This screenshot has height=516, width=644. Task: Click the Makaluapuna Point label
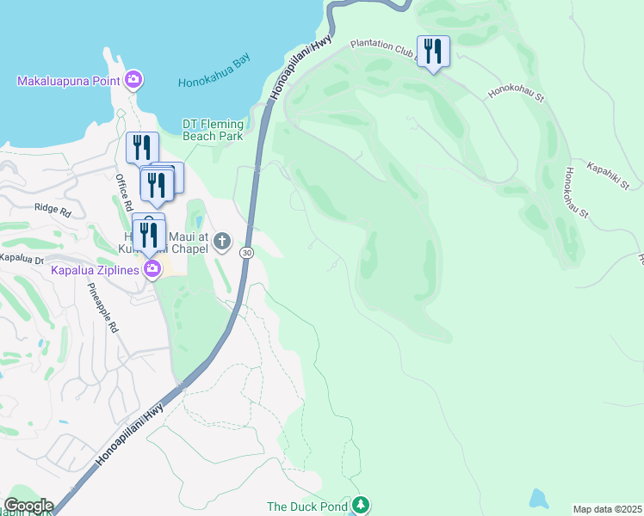(x=70, y=82)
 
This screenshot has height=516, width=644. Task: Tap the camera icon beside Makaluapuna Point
(x=133, y=81)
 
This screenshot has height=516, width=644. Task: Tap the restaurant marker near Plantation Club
(x=431, y=52)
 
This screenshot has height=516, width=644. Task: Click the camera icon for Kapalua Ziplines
(x=152, y=269)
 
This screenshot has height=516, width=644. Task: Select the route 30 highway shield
(x=246, y=253)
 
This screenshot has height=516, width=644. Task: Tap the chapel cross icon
(x=222, y=240)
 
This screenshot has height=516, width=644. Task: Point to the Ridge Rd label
(x=52, y=207)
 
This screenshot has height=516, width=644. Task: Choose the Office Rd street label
(x=121, y=189)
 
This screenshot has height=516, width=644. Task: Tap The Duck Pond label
(x=308, y=507)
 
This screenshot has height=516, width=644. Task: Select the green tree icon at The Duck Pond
(x=362, y=505)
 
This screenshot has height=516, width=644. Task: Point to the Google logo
(x=28, y=506)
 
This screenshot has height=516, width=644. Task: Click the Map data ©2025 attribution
(x=608, y=509)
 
